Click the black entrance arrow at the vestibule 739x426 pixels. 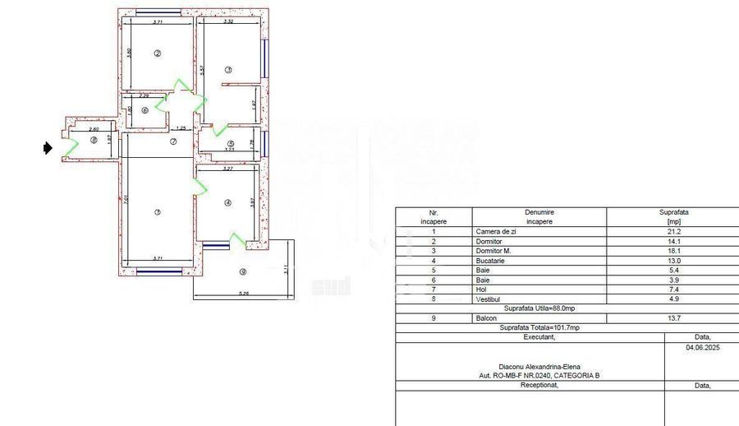click(x=48, y=148)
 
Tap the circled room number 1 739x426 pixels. click(x=157, y=212)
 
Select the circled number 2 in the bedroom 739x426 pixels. click(x=158, y=53)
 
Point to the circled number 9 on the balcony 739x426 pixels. click(x=241, y=272)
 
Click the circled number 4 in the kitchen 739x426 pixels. click(x=227, y=203)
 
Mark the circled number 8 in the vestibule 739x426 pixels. click(x=94, y=141)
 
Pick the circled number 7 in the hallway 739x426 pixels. click(x=173, y=141)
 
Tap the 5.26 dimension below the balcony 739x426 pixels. click(x=243, y=294)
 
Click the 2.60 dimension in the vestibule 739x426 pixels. click(x=94, y=129)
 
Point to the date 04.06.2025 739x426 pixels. click(x=701, y=347)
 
